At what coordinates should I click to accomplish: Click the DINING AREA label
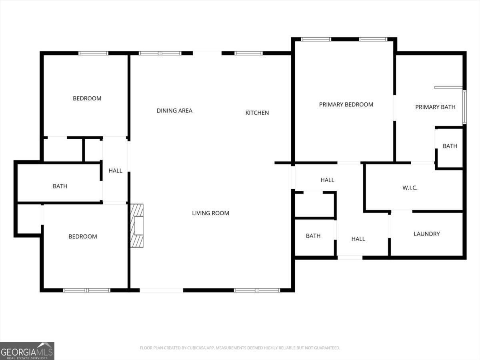(174, 111)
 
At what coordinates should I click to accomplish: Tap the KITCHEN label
(257, 113)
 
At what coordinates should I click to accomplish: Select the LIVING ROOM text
(210, 213)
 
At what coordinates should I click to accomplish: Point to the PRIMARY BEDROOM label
(346, 104)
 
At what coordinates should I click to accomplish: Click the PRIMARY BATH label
(435, 107)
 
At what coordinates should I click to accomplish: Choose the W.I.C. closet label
(410, 188)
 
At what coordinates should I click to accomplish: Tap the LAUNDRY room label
(426, 234)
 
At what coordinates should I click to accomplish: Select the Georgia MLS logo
(27, 351)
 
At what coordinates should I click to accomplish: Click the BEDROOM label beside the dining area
(87, 98)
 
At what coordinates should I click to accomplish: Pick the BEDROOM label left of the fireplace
(82, 236)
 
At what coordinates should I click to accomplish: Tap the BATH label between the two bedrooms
(60, 186)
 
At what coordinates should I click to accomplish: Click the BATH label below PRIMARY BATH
(450, 146)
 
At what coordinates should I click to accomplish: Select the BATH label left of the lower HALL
(313, 236)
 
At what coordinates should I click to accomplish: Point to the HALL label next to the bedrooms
(115, 171)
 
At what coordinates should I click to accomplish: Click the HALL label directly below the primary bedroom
(327, 180)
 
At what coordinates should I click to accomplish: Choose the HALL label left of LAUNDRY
(358, 239)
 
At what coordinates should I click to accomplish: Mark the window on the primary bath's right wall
(464, 107)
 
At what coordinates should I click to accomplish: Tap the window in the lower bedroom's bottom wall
(87, 290)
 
